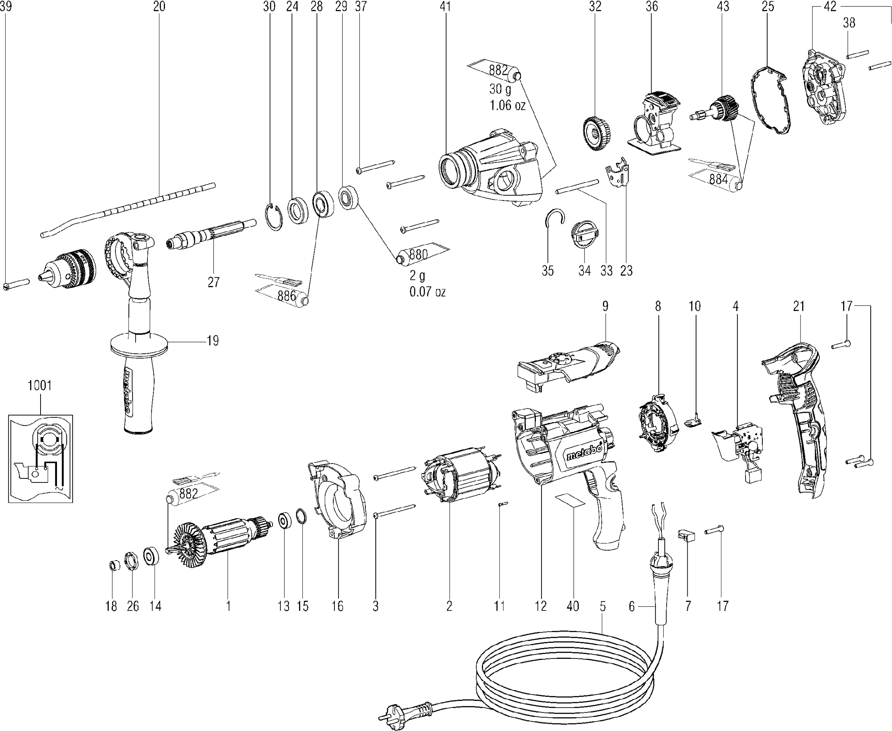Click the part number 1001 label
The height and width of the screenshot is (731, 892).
pos(40,385)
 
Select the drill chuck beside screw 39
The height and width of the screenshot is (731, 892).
pos(67,269)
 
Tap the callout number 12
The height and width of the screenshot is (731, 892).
pos(540,606)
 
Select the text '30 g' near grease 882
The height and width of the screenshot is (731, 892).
pos(500,89)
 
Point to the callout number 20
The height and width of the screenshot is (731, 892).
pos(159,7)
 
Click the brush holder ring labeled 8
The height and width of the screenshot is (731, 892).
pos(658,423)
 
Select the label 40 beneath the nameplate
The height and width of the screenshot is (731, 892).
pos(573,606)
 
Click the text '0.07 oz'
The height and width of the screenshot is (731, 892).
pos(428,292)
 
